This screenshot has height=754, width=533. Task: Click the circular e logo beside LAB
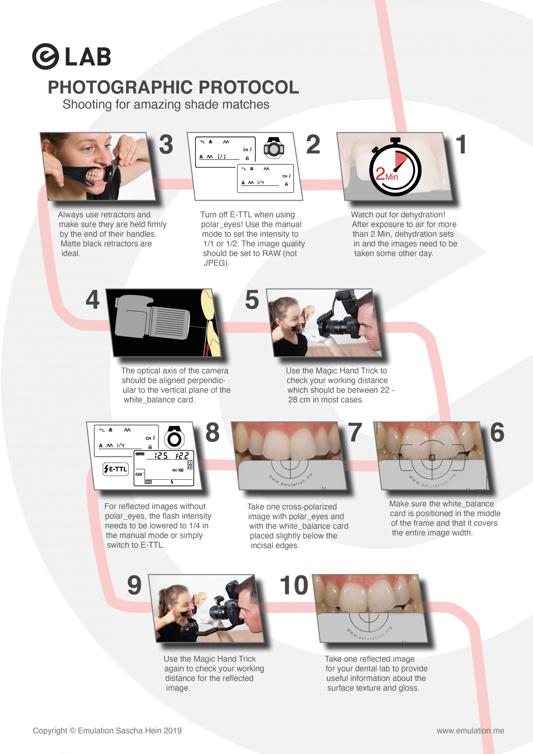[x=45, y=56]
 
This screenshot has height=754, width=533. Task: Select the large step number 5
[x=252, y=300]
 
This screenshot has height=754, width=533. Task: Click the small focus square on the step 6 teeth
[x=432, y=457]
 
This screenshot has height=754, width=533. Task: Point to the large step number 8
[x=213, y=432]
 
